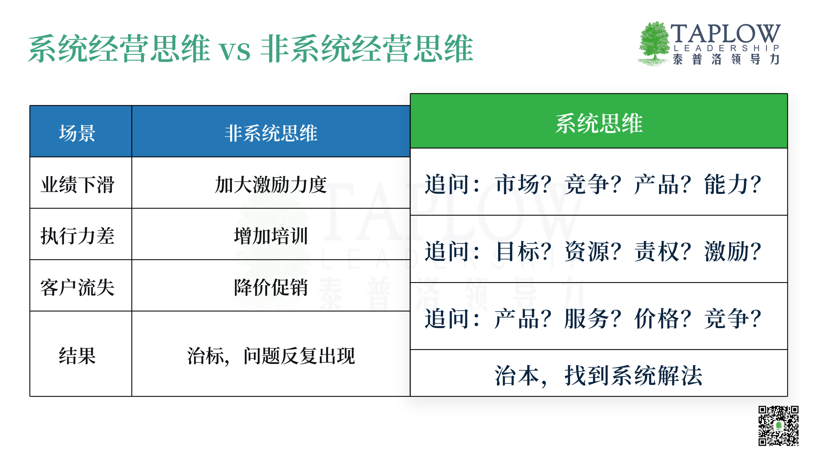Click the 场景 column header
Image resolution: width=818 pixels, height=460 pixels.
click(x=77, y=133)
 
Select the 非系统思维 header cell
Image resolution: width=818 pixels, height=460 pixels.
click(x=271, y=133)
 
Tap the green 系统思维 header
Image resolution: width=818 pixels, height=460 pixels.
click(x=599, y=123)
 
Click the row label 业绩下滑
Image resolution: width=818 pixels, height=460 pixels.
click(x=77, y=184)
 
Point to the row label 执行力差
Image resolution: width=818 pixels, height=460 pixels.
click(x=77, y=236)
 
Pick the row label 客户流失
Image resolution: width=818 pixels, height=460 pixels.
click(x=77, y=287)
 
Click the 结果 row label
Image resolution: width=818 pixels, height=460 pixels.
click(x=77, y=356)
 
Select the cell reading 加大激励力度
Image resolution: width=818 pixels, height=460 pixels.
click(x=271, y=184)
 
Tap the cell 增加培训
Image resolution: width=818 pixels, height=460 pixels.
click(x=271, y=236)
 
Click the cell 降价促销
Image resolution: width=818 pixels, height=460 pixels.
click(x=271, y=287)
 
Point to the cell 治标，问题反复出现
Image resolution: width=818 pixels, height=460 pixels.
click(x=271, y=356)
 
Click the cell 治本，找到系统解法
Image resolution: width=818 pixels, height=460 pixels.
click(x=599, y=375)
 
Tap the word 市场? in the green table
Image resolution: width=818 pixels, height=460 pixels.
click(x=523, y=184)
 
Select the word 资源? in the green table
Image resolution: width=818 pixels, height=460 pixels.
click(x=593, y=251)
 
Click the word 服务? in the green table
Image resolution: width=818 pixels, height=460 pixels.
click(x=593, y=318)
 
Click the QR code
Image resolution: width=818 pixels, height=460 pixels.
click(x=779, y=425)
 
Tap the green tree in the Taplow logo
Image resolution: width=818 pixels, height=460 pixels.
click(x=654, y=44)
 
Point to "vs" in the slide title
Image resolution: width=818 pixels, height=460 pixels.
click(x=235, y=51)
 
